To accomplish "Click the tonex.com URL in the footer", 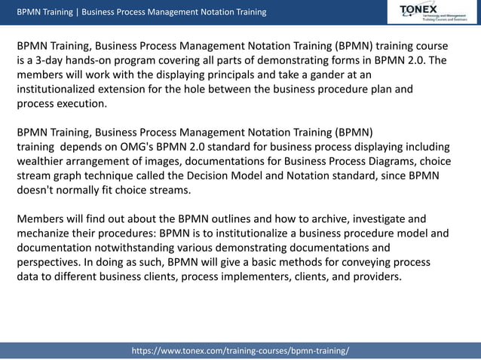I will [240, 351].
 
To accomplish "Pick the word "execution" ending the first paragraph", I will [82, 103].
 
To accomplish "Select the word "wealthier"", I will [44, 160].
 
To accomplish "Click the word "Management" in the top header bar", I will [181, 12].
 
